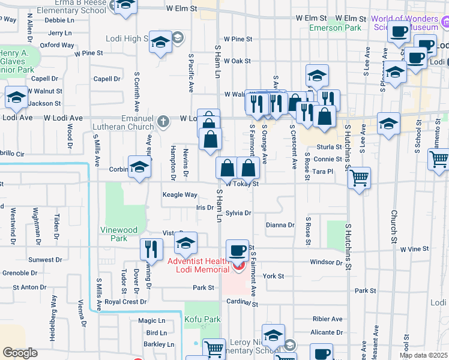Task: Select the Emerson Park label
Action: coord(327,28)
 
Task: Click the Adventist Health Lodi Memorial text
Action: coord(198,265)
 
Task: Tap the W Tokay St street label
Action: coord(243,184)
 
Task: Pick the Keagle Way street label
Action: coord(180,195)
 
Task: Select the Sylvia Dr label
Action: coord(238,213)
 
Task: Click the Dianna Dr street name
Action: coord(280,226)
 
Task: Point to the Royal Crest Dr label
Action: coord(125,302)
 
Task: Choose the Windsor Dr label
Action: coord(326,263)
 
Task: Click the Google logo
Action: coord(20,353)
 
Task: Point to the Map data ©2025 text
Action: coord(423,355)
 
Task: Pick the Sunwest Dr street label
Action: coord(44,260)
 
